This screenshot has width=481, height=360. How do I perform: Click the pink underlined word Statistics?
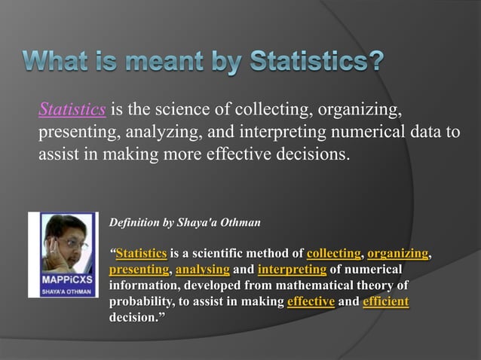(x=72, y=111)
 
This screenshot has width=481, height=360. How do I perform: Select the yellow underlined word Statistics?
(x=141, y=253)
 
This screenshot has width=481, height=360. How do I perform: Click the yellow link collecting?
(x=334, y=253)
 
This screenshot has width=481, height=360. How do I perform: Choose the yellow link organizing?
(x=398, y=253)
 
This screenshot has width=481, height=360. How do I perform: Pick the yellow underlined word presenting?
(x=139, y=270)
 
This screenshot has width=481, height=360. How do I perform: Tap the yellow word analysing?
(x=202, y=270)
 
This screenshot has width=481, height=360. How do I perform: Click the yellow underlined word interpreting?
(x=292, y=270)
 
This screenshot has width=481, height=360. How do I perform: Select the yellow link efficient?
(x=385, y=302)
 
